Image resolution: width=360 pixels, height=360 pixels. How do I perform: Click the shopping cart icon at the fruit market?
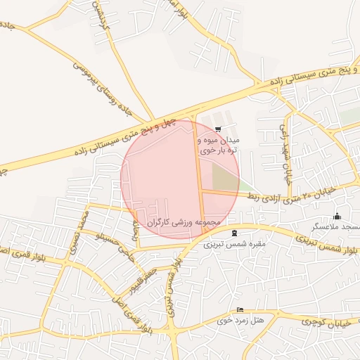(x=219, y=129)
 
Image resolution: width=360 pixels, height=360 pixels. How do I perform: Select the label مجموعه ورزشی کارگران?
(x=184, y=222)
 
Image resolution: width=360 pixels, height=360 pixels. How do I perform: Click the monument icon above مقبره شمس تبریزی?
(x=234, y=233)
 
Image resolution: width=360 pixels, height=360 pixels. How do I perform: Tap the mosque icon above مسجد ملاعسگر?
(x=337, y=216)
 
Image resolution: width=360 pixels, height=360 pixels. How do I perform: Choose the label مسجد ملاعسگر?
(x=337, y=227)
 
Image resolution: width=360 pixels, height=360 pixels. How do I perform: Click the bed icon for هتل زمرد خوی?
(x=241, y=309)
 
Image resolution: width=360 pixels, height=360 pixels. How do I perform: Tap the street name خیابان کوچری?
(x=326, y=321)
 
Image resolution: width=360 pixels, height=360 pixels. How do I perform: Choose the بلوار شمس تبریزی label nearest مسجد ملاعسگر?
(x=330, y=247)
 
